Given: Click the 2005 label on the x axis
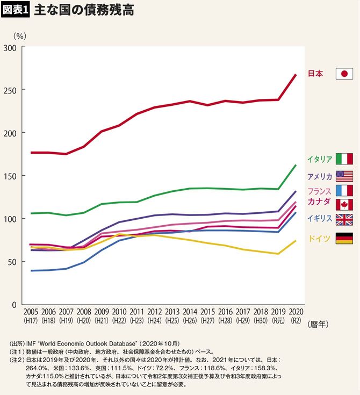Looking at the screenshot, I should (31, 312).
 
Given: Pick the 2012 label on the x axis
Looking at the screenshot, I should (155, 312).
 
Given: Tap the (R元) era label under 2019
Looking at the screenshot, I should (278, 321).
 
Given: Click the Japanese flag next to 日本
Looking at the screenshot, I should (344, 74).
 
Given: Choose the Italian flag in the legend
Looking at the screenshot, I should (344, 159).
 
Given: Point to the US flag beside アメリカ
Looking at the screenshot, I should (344, 176).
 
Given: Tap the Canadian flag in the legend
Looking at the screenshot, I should (344, 204).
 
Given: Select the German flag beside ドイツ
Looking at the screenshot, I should (344, 239).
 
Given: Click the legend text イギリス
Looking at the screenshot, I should (319, 218).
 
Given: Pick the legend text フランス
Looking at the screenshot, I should (319, 191).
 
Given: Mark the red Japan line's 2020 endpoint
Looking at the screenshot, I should (296, 75).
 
